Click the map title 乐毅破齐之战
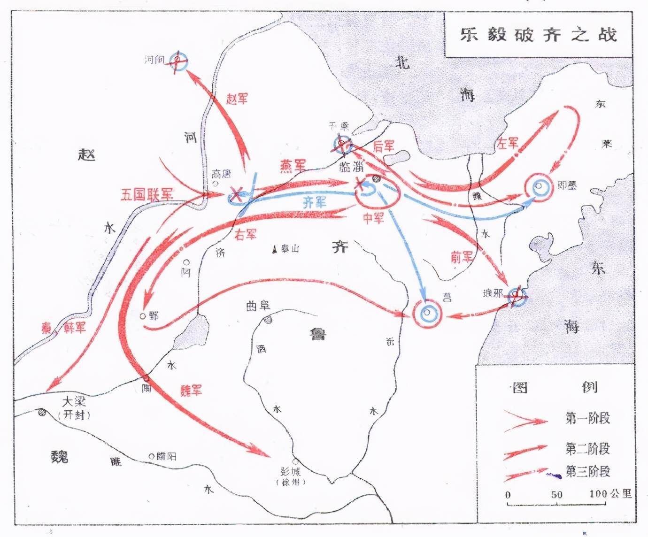coord(538,35)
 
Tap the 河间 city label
coord(154,60)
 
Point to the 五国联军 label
coord(147,194)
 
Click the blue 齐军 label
coord(314,202)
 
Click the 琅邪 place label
coord(493,294)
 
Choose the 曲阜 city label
coord(258,306)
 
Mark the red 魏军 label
coord(191,390)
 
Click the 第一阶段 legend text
coord(587,418)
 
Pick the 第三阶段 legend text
coord(587,471)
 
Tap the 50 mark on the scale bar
coord(556,494)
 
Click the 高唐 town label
coord(222,174)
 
